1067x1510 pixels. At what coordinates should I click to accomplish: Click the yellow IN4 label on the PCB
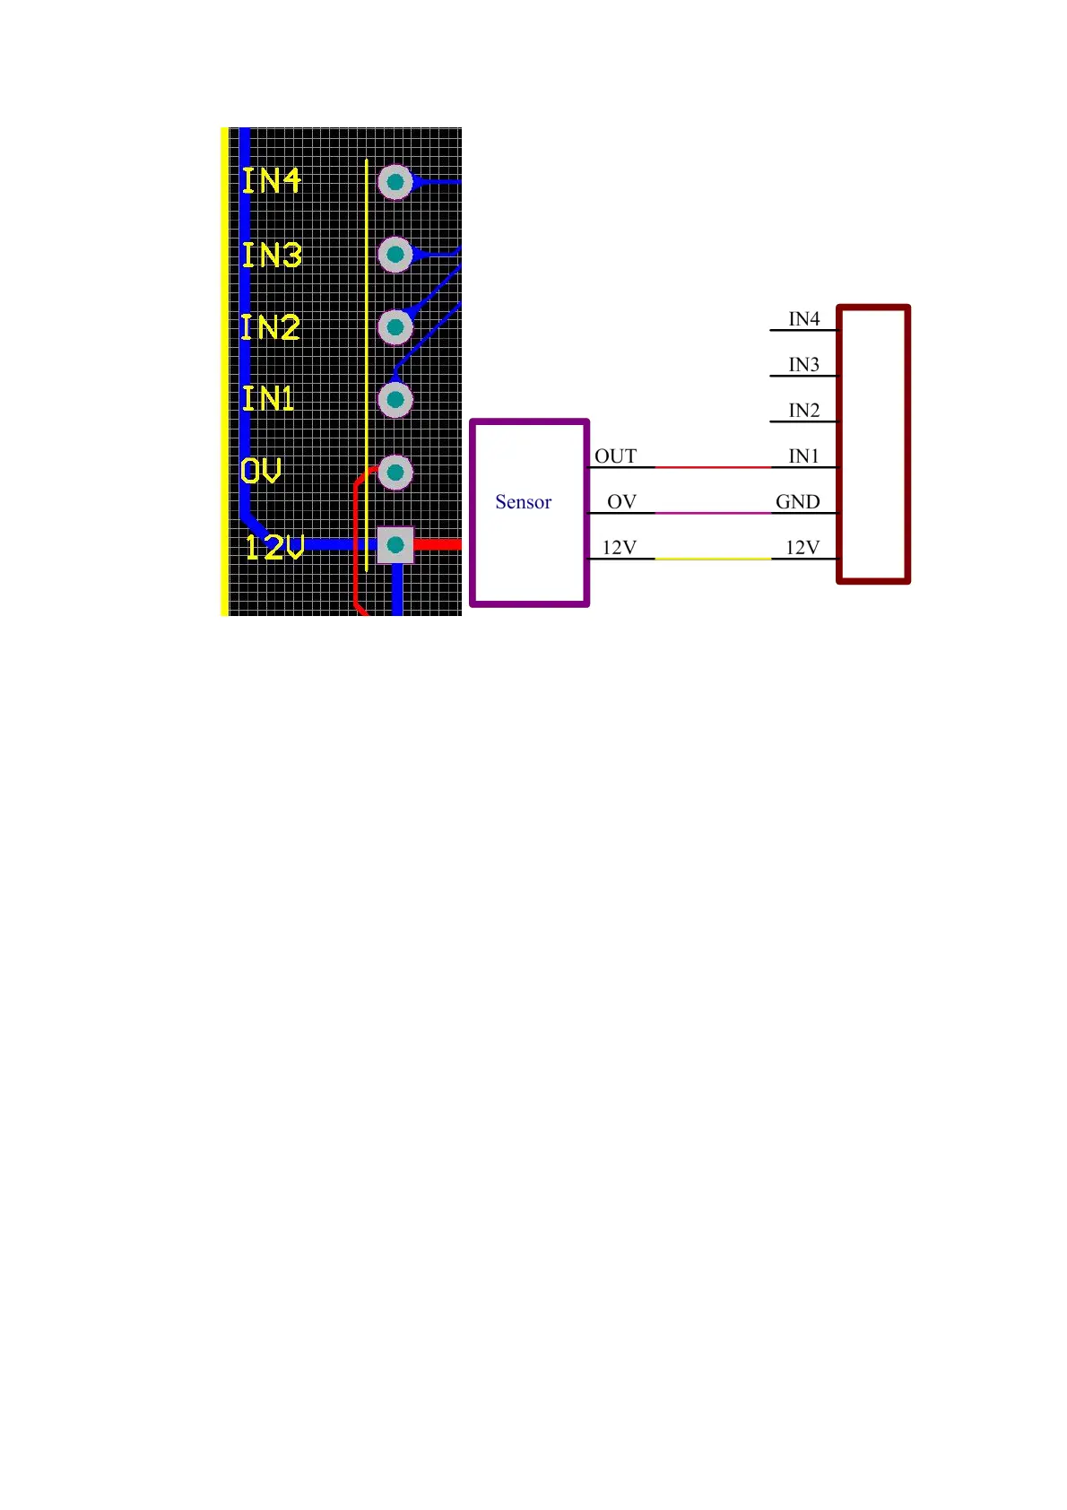tap(271, 180)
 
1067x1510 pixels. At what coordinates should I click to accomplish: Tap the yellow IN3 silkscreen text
tap(271, 255)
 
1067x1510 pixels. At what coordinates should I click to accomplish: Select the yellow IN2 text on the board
tap(270, 327)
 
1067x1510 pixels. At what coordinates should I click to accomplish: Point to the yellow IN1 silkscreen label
tap(268, 398)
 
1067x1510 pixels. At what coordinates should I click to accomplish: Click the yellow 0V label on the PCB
tap(261, 471)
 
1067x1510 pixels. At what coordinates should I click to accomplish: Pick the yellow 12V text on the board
tap(274, 547)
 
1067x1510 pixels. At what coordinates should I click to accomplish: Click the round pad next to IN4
tap(395, 182)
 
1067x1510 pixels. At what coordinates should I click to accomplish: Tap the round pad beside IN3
tap(395, 255)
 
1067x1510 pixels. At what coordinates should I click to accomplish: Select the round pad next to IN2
tap(395, 327)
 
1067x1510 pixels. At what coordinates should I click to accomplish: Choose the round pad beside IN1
tap(395, 400)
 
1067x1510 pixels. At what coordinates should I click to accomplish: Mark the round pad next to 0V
tap(395, 473)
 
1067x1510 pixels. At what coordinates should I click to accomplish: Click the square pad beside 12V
tap(395, 545)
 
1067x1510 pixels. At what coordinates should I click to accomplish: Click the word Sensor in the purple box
tap(524, 502)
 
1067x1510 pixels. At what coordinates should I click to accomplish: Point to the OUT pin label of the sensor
tap(615, 456)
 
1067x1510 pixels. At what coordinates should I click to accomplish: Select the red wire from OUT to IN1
tap(713, 467)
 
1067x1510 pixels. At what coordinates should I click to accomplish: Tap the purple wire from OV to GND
tap(713, 513)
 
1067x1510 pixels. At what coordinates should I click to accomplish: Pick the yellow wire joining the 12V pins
tap(713, 559)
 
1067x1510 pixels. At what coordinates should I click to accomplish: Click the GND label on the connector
tap(798, 502)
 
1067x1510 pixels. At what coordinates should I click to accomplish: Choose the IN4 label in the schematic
tap(804, 319)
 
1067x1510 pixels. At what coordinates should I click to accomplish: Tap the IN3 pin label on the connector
tap(804, 365)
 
